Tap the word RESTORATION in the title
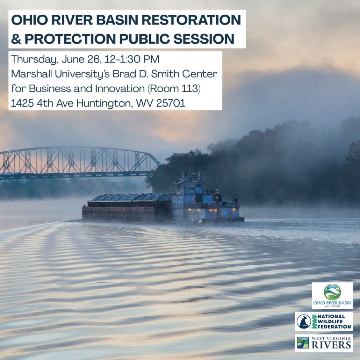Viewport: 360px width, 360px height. tap(191, 20)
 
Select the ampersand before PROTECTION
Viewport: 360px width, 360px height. tap(16, 38)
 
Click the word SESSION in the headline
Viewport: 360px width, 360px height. tap(204, 38)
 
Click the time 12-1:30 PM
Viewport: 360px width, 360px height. tap(132, 59)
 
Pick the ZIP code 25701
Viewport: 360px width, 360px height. tap(171, 103)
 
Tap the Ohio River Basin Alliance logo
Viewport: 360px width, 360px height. tap(332, 295)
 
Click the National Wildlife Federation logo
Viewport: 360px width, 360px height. tap(324, 322)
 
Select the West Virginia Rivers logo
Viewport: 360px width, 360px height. tap(324, 343)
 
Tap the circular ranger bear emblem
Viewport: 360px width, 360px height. tap(303, 322)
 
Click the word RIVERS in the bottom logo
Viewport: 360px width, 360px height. tap(331, 345)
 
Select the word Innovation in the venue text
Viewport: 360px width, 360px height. tap(120, 89)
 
